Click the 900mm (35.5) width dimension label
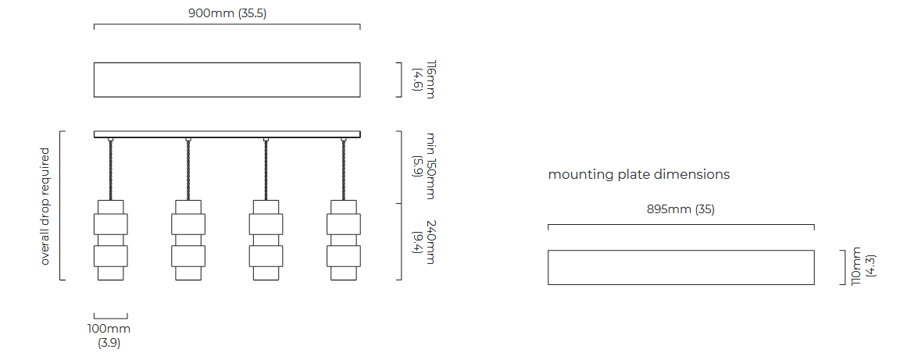227,13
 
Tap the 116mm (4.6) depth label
423,80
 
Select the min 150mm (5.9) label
424,166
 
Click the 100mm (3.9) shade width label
109,336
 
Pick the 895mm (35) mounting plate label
680,209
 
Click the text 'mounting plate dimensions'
639,174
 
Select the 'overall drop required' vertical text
45,206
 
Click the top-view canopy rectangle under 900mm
227,80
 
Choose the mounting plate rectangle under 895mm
680,267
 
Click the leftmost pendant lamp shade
110,240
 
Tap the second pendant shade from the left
188,240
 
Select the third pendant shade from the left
266,240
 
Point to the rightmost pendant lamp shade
344,240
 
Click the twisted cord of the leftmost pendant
110,170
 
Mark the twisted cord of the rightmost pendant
344,170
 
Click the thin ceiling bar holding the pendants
227,134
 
